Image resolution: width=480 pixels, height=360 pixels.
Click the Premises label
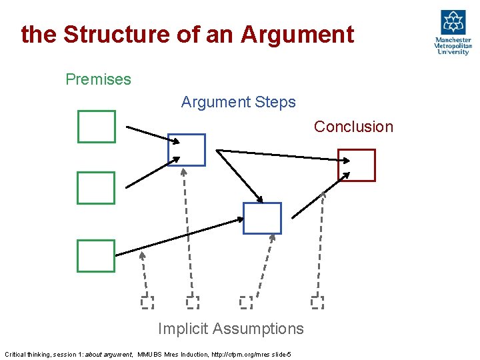click(x=99, y=79)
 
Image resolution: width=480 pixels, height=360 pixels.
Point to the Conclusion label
click(x=353, y=127)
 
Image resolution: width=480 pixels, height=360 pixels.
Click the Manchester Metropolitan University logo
click(x=453, y=33)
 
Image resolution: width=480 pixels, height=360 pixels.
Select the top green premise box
click(x=97, y=127)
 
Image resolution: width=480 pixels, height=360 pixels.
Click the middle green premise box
click(x=96, y=188)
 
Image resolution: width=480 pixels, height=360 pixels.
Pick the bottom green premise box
click(x=96, y=257)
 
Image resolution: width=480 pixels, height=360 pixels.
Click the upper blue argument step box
click(x=187, y=150)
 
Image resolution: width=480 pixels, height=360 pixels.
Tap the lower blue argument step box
click(x=262, y=219)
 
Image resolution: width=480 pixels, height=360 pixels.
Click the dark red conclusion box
click(x=357, y=165)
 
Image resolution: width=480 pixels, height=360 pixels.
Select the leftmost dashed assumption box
click(x=147, y=303)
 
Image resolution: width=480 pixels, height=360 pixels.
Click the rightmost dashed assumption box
click(x=317, y=303)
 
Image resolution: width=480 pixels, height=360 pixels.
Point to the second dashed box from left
click(x=193, y=303)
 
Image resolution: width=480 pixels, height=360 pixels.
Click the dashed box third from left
click(x=246, y=303)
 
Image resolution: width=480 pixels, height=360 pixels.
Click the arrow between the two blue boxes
click(x=240, y=176)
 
